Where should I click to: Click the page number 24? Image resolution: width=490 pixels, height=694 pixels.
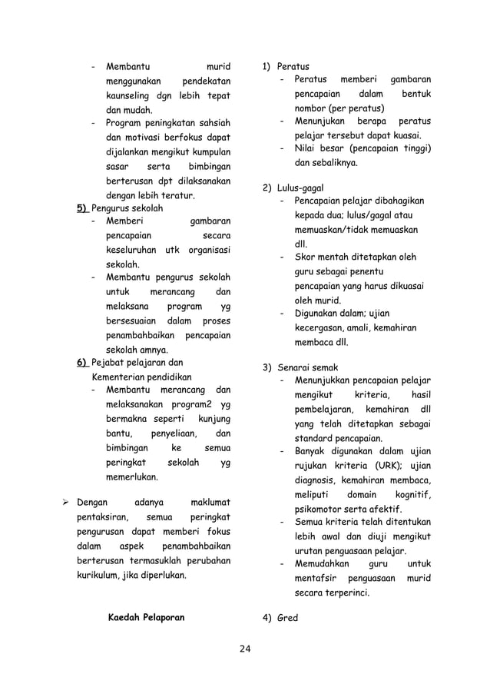click(244, 651)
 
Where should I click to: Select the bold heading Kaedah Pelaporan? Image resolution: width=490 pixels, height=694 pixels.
click(146, 617)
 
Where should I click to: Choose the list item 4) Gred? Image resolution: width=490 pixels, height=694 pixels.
click(280, 617)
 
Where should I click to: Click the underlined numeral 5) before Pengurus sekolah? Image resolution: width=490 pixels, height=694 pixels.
click(81, 208)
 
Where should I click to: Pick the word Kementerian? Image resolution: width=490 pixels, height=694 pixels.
click(121, 377)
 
